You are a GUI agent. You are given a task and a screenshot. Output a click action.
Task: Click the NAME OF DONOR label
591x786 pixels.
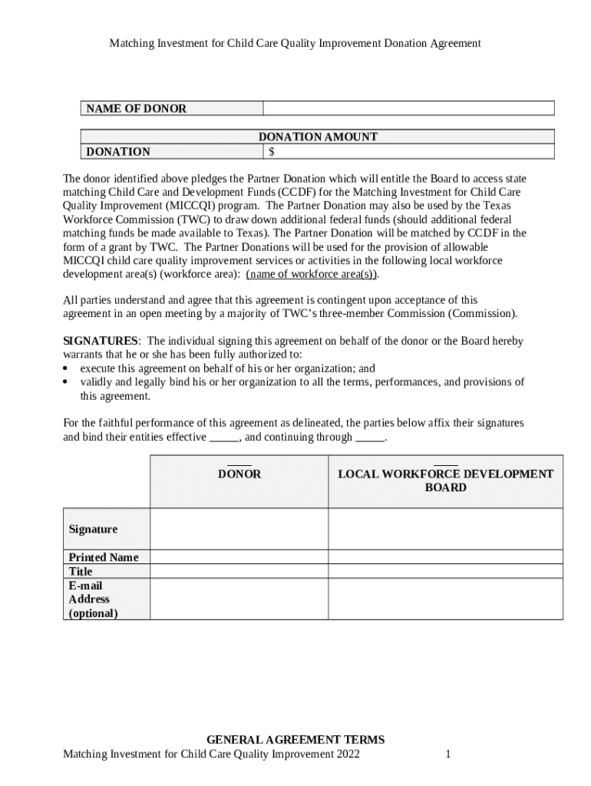click(x=136, y=108)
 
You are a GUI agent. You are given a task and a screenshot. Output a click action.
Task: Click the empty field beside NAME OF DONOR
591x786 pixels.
click(x=408, y=108)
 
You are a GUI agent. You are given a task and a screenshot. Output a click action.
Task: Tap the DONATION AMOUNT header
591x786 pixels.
click(x=318, y=137)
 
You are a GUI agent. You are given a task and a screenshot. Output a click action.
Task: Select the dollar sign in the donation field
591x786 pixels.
click(x=272, y=151)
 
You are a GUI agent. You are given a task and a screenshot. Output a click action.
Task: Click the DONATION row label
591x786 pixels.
click(x=118, y=151)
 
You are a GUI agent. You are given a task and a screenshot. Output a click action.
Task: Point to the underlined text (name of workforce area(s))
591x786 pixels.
click(x=312, y=274)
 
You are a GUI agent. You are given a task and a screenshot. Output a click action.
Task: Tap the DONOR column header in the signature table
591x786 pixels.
click(x=239, y=474)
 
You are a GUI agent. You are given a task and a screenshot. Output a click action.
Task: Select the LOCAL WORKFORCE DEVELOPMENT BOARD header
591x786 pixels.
click(x=445, y=481)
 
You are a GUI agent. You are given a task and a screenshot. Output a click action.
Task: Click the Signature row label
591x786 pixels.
click(x=94, y=529)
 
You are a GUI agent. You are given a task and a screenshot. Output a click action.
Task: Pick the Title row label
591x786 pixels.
click(x=81, y=571)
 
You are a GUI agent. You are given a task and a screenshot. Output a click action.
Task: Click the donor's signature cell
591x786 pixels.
click(x=239, y=529)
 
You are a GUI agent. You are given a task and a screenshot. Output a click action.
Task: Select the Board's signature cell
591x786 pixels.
click(x=445, y=529)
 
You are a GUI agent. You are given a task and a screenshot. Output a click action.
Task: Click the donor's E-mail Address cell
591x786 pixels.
click(x=239, y=599)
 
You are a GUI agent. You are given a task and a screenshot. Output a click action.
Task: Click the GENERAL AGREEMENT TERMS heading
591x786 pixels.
click(x=295, y=740)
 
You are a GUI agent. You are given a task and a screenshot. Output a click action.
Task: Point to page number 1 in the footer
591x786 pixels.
click(x=447, y=755)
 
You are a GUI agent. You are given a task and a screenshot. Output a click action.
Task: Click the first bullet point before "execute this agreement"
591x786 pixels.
click(x=65, y=368)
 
